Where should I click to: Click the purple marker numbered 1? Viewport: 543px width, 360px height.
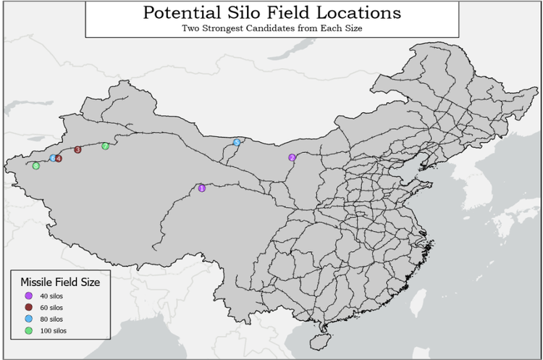pos(202,188)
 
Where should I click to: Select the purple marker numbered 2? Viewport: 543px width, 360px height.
pos(292,157)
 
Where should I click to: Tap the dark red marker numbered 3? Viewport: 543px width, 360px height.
pos(77,150)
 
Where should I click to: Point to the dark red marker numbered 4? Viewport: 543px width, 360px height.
pos(59,158)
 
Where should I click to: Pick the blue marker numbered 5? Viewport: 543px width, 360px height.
pos(237,143)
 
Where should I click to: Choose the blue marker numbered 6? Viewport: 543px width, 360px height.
pos(52,158)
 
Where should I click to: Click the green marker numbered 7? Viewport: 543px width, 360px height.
pos(105,146)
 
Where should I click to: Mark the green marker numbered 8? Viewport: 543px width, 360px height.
pos(35,167)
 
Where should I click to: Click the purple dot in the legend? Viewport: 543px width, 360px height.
pos(28,296)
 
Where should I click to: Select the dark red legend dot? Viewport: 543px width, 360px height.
pos(28,307)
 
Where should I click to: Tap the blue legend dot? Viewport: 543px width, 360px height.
pos(28,319)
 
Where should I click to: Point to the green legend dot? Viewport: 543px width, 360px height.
pos(28,330)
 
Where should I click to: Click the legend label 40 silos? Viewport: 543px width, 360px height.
pos(54,296)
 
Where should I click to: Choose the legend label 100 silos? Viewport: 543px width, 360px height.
pos(56,330)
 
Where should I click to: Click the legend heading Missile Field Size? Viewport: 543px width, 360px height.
pos(59,282)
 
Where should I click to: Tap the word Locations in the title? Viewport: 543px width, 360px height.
pos(363,13)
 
